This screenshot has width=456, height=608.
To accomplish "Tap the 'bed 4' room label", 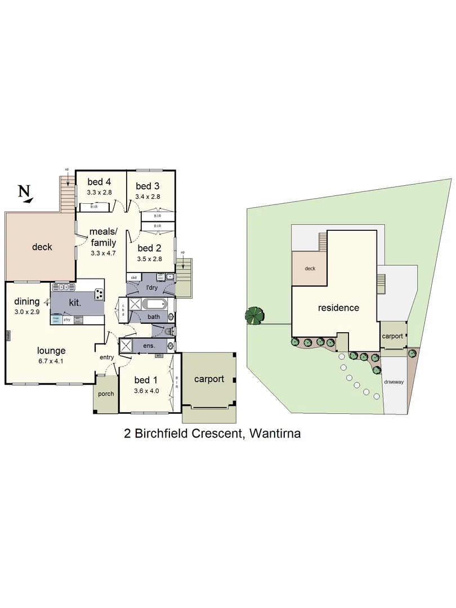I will [99, 181].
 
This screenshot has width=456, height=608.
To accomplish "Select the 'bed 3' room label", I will [147, 186].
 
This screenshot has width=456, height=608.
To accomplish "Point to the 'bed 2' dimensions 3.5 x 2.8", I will [149, 259].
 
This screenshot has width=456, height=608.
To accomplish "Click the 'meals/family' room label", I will [103, 237].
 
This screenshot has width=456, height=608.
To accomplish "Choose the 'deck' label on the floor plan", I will [42, 247].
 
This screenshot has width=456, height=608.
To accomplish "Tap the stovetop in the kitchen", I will [99, 294].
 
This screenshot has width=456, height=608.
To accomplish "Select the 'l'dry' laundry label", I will [151, 288].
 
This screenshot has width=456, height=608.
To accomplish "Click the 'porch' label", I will [106, 394].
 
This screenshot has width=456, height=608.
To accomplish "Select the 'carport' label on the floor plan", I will [209, 379].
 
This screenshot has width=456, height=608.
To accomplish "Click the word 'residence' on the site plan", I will [338, 308].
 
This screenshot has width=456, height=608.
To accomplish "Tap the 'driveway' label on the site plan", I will [394, 382].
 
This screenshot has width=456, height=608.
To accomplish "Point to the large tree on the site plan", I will [255, 315].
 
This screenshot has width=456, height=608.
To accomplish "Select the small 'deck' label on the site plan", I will [310, 269].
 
